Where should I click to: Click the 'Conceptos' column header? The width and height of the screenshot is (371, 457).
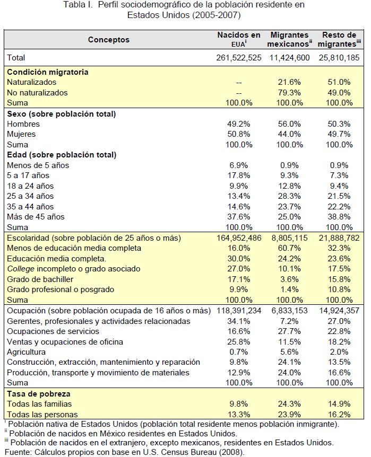coord(108,40)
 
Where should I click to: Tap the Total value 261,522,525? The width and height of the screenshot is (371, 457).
coord(239,58)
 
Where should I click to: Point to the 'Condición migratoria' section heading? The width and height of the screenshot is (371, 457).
coord(48,72)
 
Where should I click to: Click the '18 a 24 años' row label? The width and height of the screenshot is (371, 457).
coord(30,186)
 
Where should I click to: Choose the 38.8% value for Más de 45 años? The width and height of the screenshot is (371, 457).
coord(340,217)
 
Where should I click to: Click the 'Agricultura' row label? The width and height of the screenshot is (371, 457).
coord(27,352)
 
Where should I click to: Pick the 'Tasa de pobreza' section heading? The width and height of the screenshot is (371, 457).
coord(39,394)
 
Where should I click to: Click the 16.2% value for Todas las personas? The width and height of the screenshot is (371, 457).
coord(340,415)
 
